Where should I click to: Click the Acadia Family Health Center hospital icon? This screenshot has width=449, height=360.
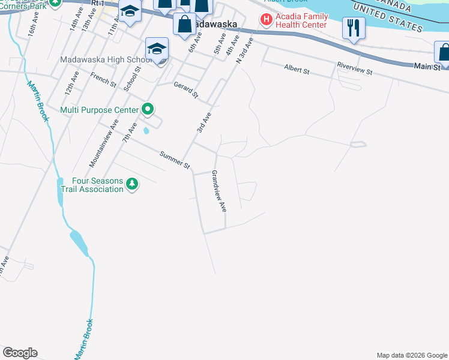(x=265, y=20)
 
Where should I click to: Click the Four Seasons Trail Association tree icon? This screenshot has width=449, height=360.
(x=132, y=184)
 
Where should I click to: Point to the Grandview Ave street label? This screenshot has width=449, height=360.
(x=218, y=191)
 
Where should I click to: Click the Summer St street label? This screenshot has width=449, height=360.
(x=175, y=160)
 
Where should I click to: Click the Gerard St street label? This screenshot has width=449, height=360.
(x=186, y=91)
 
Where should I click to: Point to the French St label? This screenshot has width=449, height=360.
(x=103, y=80)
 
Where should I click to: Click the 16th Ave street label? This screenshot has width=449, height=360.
(x=32, y=40)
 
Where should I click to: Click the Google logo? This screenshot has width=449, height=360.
(x=20, y=353)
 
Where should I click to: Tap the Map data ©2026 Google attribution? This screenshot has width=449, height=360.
(x=411, y=355)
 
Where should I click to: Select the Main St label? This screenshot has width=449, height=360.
(x=427, y=67)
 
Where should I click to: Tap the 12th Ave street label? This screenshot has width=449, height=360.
(x=72, y=85)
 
